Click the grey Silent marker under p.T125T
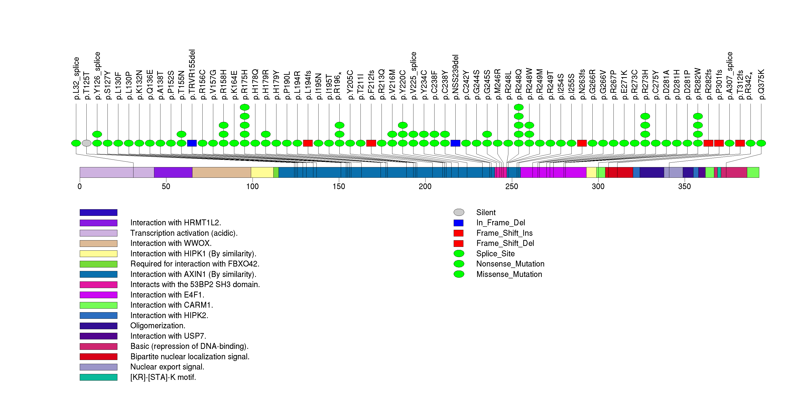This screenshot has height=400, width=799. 87,143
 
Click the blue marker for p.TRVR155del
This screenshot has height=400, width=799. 192,143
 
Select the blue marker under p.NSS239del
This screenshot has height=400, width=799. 455,143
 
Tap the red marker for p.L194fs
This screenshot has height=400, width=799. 308,143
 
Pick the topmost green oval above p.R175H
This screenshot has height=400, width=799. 245,107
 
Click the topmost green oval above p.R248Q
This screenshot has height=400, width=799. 519,107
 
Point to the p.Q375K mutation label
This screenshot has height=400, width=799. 761,84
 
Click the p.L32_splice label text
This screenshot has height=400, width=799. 76,78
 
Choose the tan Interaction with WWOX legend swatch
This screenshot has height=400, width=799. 98,243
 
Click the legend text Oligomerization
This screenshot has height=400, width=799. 158,326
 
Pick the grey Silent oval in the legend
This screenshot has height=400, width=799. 459,212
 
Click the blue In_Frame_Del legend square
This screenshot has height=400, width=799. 458,223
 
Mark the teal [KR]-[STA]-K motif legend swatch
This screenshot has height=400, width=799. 98,377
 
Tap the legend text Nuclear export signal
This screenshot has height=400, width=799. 167,367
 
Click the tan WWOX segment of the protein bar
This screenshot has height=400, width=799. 222,172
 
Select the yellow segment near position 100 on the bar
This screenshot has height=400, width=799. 262,172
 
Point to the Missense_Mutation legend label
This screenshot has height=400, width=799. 509,274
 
